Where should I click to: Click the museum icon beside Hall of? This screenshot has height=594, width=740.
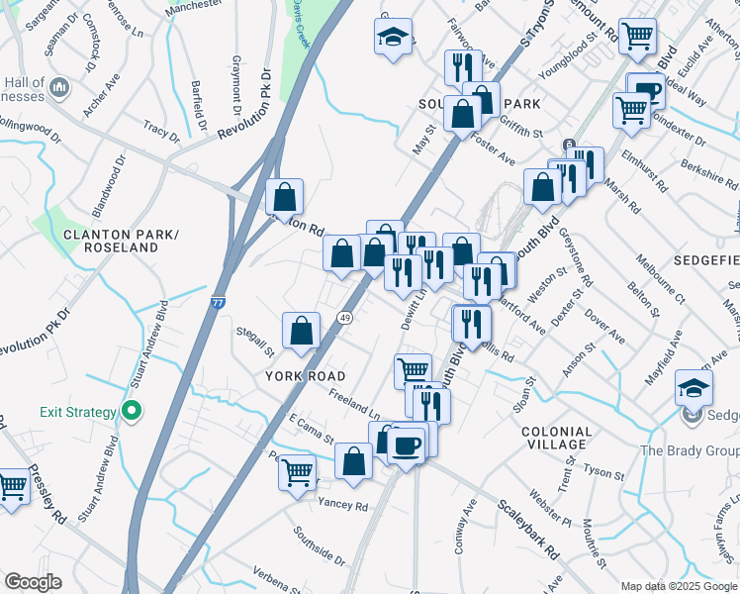(x=58, y=89)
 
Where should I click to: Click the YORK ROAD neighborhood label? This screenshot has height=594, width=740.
(x=306, y=376)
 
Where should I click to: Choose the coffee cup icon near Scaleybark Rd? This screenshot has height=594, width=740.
(x=406, y=445)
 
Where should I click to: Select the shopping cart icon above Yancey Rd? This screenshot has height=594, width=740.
(x=296, y=473)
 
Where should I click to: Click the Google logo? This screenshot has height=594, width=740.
(x=32, y=582)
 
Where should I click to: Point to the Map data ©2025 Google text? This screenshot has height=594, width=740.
(x=679, y=586)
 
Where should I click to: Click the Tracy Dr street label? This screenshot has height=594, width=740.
(x=160, y=130)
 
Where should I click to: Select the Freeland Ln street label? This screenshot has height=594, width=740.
(x=355, y=406)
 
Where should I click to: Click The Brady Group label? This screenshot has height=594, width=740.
(x=689, y=451)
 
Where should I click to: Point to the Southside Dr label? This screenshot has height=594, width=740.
(x=319, y=544)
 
